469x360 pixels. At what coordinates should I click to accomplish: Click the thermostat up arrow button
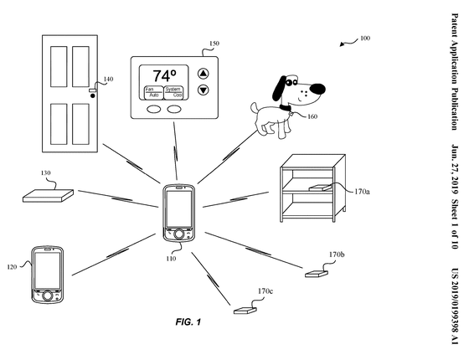pyautogui.click(x=204, y=74)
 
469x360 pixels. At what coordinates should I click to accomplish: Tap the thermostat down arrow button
pyautogui.click(x=204, y=90)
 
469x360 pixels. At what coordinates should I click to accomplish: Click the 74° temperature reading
pyautogui.click(x=164, y=75)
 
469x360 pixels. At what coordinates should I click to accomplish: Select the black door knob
pyautogui.click(x=93, y=95)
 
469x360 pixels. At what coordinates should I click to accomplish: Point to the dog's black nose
pyautogui.click(x=317, y=89)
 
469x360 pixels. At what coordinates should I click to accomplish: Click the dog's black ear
pyautogui.click(x=279, y=88)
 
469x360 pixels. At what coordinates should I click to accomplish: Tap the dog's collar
pyautogui.click(x=285, y=108)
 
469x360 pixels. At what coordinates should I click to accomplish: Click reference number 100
pyautogui.click(x=365, y=39)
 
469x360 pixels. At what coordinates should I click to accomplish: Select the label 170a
pyautogui.click(x=362, y=192)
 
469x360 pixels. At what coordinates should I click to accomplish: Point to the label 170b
pyautogui.click(x=337, y=255)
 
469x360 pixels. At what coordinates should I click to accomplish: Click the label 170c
pyautogui.click(x=265, y=291)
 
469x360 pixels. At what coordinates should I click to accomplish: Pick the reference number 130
pyautogui.click(x=45, y=172)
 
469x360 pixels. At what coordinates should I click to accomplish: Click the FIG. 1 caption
pyautogui.click(x=188, y=322)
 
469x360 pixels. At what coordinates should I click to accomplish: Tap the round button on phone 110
pyautogui.click(x=178, y=234)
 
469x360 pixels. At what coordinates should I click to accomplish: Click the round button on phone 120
pyautogui.click(x=47, y=296)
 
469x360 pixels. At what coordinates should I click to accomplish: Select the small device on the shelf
pyautogui.click(x=320, y=188)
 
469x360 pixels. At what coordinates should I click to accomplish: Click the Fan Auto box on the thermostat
pyautogui.click(x=154, y=92)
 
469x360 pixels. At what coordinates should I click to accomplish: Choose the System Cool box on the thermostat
pyautogui.click(x=173, y=92)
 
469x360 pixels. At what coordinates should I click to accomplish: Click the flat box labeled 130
pyautogui.click(x=48, y=196)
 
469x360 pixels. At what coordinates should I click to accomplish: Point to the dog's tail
pyautogui.click(x=255, y=108)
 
